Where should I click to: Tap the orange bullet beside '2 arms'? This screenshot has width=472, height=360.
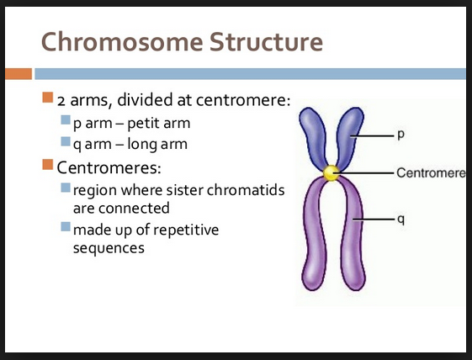pos(48,100)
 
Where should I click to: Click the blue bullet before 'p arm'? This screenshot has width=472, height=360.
pos(66,123)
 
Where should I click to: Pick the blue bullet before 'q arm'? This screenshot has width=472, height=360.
pos(66,143)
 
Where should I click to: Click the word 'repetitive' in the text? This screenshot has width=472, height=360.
pos(194,228)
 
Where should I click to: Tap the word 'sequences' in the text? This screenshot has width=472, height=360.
pos(109,248)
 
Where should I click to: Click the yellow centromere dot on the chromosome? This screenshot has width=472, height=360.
pos(331,173)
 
